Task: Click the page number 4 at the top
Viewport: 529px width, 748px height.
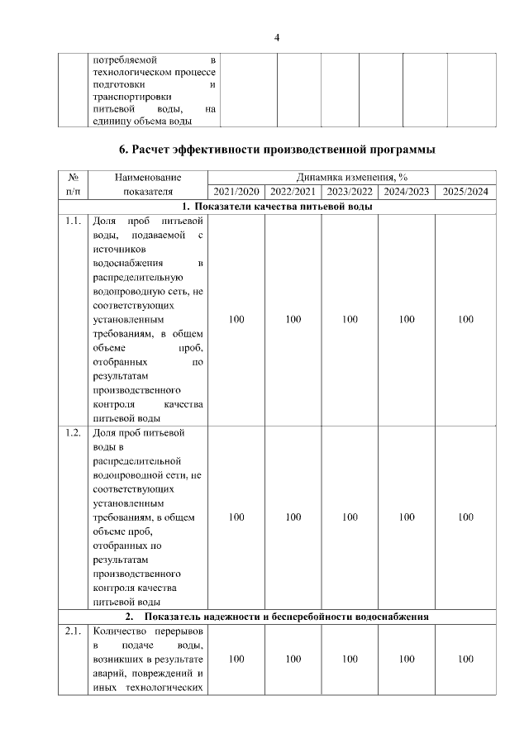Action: tap(277, 37)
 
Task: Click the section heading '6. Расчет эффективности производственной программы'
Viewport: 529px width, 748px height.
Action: tap(277, 150)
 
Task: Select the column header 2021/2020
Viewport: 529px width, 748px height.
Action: tap(236, 192)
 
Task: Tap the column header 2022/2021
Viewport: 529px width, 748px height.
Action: tap(293, 192)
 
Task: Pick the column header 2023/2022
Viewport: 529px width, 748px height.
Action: tap(350, 192)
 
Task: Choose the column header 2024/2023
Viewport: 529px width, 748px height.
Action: tap(406, 192)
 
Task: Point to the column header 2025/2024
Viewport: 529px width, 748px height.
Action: tap(465, 192)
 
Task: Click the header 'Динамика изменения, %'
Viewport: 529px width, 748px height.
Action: tap(352, 177)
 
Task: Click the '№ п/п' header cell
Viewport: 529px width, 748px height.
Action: tap(73, 184)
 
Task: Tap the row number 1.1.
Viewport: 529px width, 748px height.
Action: tap(73, 222)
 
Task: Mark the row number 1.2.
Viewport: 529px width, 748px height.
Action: tap(73, 433)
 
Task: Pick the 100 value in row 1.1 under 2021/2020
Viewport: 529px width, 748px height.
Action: tap(236, 320)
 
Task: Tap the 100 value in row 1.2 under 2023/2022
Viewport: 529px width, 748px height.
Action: tap(350, 517)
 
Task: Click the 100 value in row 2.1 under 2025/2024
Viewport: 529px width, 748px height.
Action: tap(465, 660)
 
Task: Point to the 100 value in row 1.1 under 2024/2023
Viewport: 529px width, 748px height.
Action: tap(406, 320)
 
